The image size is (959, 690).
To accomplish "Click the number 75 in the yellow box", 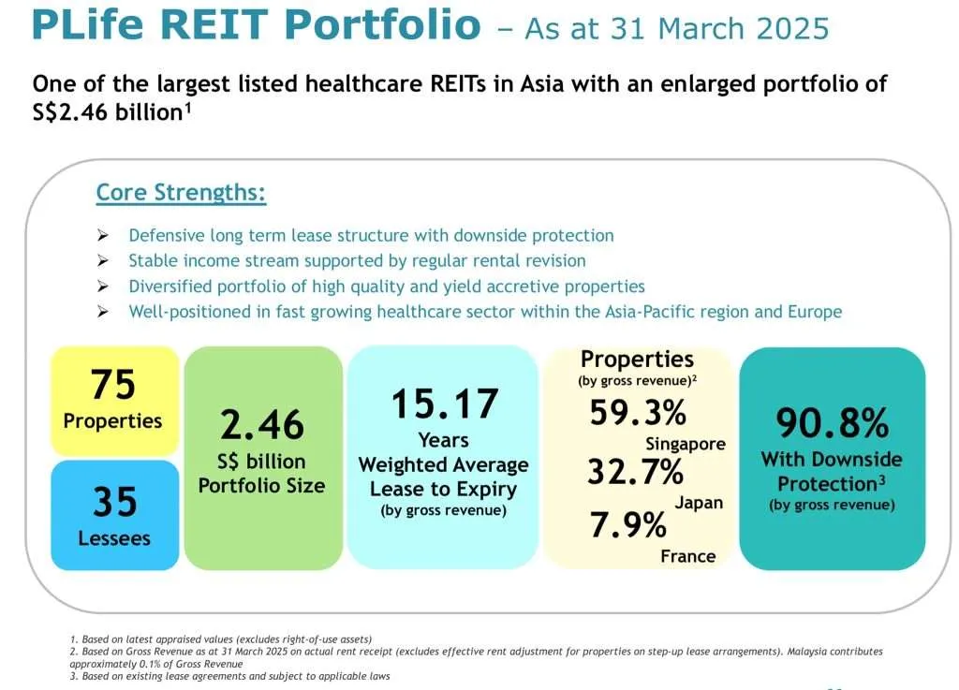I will pyautogui.click(x=113, y=384).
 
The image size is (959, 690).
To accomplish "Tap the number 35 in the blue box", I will pyautogui.click(x=113, y=502).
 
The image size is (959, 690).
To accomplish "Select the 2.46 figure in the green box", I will pyautogui.click(x=262, y=424).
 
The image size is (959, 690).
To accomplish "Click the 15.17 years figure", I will pyautogui.click(x=444, y=404).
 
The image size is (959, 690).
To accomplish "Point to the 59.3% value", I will pyautogui.click(x=637, y=412).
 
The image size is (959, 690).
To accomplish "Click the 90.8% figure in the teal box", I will pyautogui.click(x=832, y=423).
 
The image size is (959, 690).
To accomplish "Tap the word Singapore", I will pyautogui.click(x=686, y=444).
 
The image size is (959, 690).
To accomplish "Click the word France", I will pyautogui.click(x=687, y=556).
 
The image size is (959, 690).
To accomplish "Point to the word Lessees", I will pyautogui.click(x=113, y=538).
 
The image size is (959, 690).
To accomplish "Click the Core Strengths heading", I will pyautogui.click(x=181, y=193).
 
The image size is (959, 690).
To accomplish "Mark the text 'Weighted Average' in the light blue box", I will pyautogui.click(x=443, y=465).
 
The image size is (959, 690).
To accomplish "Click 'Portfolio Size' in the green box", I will pyautogui.click(x=262, y=485).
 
